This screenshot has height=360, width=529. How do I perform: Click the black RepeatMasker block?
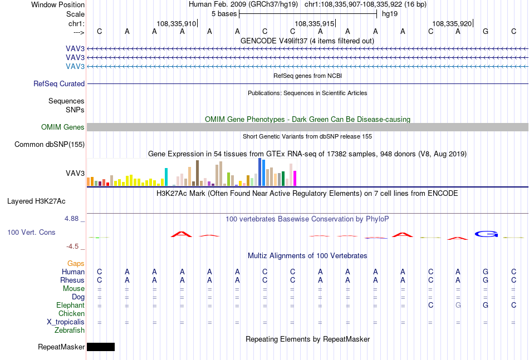click(101, 347)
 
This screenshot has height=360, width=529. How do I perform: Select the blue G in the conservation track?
click(486, 234)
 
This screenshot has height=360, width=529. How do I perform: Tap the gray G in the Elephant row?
click(458, 305)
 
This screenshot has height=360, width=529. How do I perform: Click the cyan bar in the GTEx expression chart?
click(166, 177)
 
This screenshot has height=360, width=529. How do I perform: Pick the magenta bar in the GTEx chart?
click(295, 178)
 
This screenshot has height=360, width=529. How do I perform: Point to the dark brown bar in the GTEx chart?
click(197, 173)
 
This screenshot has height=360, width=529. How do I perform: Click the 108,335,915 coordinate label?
click(315, 23)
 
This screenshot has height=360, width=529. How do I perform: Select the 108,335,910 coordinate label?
click(176, 23)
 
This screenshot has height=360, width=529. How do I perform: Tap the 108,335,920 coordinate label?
click(452, 23)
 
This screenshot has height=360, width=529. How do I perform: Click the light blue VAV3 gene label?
click(75, 66)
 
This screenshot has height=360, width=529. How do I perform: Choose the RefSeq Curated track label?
click(59, 83)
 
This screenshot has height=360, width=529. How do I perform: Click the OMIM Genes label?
click(63, 127)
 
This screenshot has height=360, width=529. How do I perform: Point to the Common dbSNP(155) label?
click(50, 144)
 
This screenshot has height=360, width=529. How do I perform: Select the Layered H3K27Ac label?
click(36, 201)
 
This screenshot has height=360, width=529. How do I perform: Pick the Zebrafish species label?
click(70, 331)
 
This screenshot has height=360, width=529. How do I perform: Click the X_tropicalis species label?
click(66, 322)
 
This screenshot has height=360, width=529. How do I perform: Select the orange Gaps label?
click(76, 263)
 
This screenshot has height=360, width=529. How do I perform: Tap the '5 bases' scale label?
click(224, 14)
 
